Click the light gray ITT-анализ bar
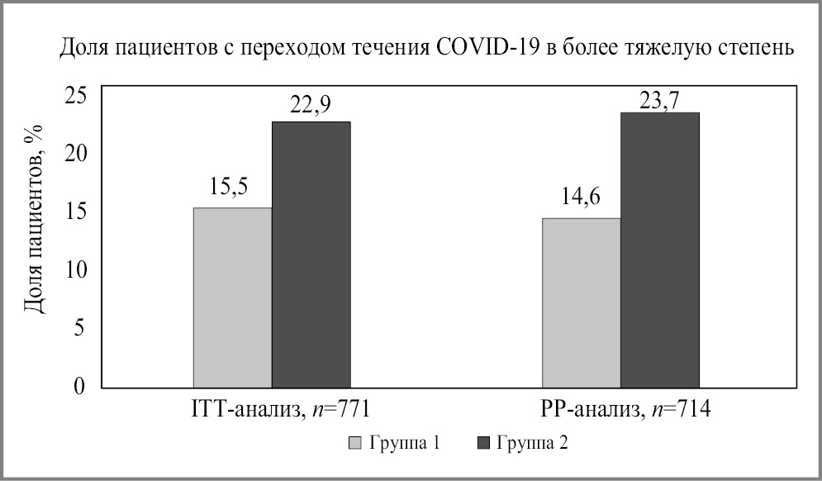[232, 298]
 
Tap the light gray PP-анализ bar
[581, 302]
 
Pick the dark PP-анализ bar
[660, 250]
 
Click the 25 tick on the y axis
[74, 95]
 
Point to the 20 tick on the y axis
[74, 154]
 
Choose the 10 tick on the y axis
[74, 269]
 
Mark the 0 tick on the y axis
[79, 386]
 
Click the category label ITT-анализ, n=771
[273, 409]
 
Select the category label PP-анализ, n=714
[620, 409]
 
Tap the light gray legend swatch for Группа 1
[355, 444]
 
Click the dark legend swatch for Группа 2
[485, 444]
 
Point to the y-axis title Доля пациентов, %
[34, 221]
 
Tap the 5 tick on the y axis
[79, 328]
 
